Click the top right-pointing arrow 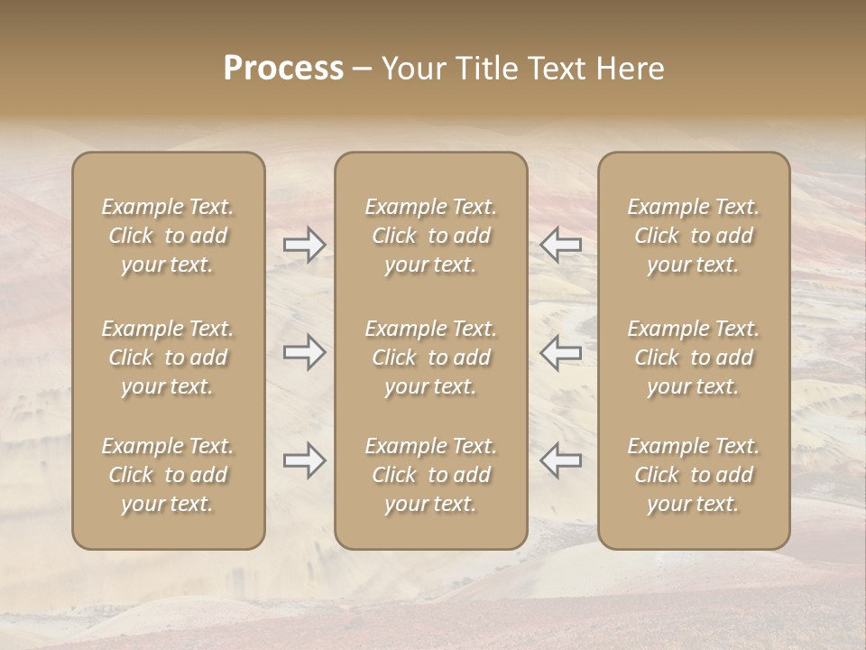click(x=305, y=245)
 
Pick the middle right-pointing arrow click(x=305, y=352)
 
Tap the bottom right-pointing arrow click(x=305, y=460)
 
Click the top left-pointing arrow click(x=560, y=245)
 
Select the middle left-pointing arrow click(x=560, y=352)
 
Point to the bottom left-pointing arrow click(x=560, y=460)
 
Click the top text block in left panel click(x=168, y=236)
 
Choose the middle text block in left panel click(x=168, y=357)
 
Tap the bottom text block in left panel click(x=168, y=475)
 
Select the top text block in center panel click(x=430, y=236)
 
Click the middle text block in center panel click(x=430, y=357)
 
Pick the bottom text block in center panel click(x=430, y=475)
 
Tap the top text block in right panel click(x=694, y=236)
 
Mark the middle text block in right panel click(x=694, y=357)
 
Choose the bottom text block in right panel click(x=694, y=475)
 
